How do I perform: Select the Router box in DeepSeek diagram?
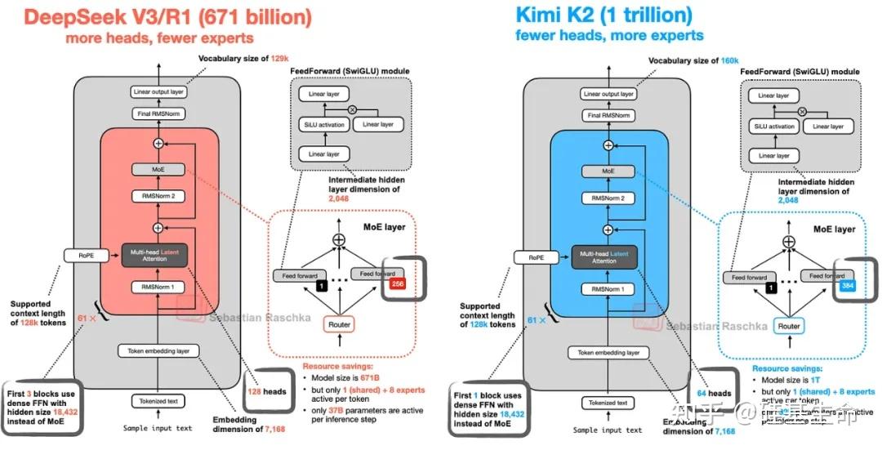(x=340, y=325)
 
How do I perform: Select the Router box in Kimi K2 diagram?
(x=789, y=326)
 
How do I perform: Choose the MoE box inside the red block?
(x=159, y=169)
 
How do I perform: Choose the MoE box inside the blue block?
(x=608, y=171)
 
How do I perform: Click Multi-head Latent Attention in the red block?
(x=159, y=255)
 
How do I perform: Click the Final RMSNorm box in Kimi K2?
(x=608, y=116)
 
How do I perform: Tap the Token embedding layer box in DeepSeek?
(x=159, y=351)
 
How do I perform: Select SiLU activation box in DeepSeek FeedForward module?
(x=323, y=124)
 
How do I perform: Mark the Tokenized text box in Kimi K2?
(x=608, y=403)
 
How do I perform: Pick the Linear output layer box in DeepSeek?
(x=159, y=92)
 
